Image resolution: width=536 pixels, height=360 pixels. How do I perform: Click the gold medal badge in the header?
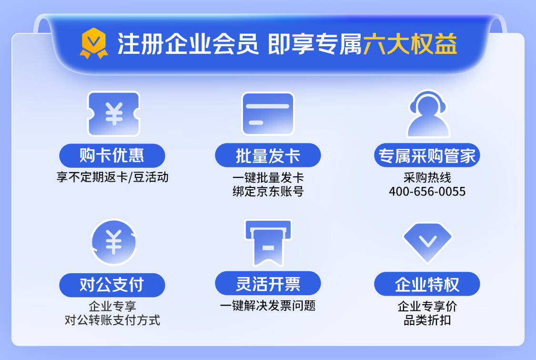pos(94,43)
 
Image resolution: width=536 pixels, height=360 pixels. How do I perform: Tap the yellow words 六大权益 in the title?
pos(410,44)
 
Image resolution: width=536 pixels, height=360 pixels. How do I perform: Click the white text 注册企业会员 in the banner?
pos(188,44)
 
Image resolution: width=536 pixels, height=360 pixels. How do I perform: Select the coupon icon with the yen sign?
pos(114,114)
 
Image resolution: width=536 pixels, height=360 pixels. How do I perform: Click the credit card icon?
pos(268,113)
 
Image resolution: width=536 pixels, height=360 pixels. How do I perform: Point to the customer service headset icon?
pos(428,114)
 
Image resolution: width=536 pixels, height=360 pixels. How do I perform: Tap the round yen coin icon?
pos(114,242)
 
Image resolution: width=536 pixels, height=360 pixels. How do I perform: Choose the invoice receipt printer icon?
pos(268,243)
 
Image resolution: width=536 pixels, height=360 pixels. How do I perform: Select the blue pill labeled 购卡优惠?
pos(112,156)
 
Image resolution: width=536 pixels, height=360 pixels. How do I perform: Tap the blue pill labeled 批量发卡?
pos(268,156)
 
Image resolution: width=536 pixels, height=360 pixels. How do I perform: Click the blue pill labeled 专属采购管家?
pos(427,156)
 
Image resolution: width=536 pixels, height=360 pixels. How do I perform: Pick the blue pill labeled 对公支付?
pos(112,285)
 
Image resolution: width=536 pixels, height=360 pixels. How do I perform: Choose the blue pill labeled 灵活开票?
pos(268,283)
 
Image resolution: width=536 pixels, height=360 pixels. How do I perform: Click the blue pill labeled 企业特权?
pos(427,284)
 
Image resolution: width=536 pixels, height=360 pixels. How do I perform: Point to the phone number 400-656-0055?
pos(427,192)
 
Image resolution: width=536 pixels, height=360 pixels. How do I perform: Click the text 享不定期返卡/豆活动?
pos(112,177)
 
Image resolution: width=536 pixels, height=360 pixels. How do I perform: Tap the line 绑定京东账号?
pos(268,192)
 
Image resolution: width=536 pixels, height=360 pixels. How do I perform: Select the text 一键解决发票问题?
pos(268,306)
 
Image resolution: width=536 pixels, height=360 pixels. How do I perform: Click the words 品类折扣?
pos(427,320)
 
